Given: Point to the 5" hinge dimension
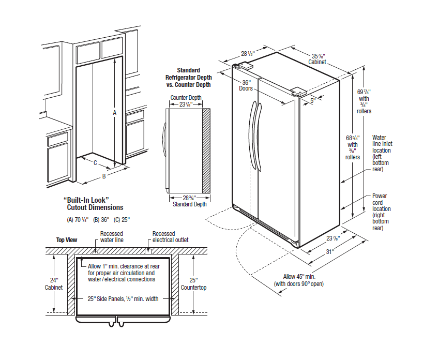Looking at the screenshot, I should click(x=312, y=101).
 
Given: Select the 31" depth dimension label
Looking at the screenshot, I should click(x=329, y=252).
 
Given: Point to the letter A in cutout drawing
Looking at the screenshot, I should click(x=115, y=112).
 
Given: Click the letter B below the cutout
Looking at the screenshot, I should click(x=103, y=176).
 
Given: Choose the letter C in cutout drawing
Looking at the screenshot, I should click(x=95, y=162).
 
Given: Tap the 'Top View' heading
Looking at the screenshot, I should click(x=67, y=240).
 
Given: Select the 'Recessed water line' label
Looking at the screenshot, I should click(x=112, y=237).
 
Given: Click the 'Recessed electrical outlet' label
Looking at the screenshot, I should click(x=170, y=237).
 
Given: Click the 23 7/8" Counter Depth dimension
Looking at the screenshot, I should click(x=186, y=101).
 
